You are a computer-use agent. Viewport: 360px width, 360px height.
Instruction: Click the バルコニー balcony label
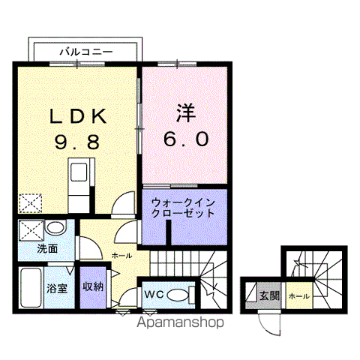[86, 52]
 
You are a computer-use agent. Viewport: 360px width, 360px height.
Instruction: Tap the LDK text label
[78, 116]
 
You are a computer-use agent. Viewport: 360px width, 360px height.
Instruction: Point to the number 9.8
[77, 142]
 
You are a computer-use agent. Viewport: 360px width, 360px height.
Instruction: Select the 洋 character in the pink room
[186, 113]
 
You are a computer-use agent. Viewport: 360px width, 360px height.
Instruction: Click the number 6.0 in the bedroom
[186, 139]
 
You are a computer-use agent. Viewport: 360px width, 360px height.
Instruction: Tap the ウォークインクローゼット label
[183, 208]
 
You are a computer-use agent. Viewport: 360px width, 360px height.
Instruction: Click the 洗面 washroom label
[47, 249]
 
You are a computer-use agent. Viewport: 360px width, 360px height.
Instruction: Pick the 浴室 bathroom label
[57, 289]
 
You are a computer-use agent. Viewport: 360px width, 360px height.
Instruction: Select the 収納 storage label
[93, 286]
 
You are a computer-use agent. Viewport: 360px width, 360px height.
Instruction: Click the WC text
[154, 294]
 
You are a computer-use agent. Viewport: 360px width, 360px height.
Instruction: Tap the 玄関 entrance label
[269, 296]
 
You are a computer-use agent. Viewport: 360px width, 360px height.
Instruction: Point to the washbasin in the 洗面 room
[55, 227]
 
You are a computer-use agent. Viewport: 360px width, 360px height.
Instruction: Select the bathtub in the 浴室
[31, 287]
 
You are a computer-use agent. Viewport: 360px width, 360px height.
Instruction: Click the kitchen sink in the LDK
[79, 172]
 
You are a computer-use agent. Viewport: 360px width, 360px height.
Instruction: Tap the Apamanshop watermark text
[180, 322]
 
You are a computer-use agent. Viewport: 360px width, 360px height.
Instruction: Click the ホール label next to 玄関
[299, 296]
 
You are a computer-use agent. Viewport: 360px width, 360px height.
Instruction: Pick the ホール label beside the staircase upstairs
[121, 256]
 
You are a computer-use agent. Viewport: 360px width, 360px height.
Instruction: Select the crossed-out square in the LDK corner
[30, 203]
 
